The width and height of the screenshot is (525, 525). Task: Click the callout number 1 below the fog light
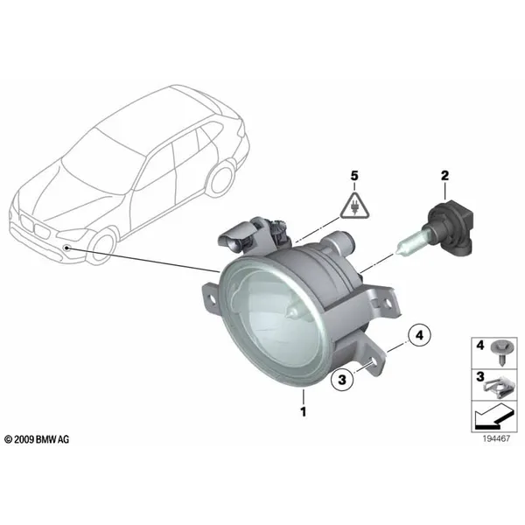click(304, 411)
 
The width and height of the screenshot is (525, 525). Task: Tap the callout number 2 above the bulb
click(444, 176)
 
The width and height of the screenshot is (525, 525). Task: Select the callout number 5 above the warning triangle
click(354, 176)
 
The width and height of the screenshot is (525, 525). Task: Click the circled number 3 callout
click(342, 380)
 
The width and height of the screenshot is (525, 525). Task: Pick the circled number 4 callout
click(419, 335)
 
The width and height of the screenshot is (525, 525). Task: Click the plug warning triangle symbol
click(354, 206)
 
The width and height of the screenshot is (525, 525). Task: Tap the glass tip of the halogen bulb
click(396, 252)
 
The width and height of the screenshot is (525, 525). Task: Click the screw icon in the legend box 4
click(500, 353)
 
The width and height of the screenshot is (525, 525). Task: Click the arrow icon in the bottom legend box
click(493, 416)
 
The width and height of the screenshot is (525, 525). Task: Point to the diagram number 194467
click(496, 438)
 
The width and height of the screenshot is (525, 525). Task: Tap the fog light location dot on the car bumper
click(67, 248)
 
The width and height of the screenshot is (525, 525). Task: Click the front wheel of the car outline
click(101, 245)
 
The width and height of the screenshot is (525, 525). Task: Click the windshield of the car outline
click(101, 164)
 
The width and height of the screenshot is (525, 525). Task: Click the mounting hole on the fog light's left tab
click(212, 297)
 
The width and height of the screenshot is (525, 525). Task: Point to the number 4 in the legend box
click(480, 345)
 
